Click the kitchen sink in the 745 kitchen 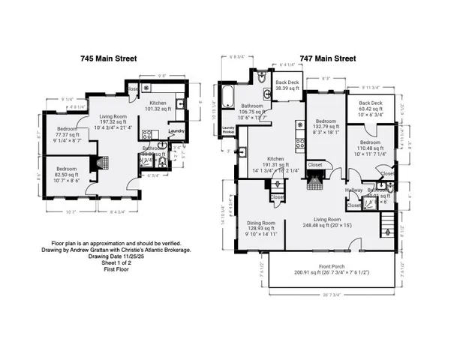coord(181,106)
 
